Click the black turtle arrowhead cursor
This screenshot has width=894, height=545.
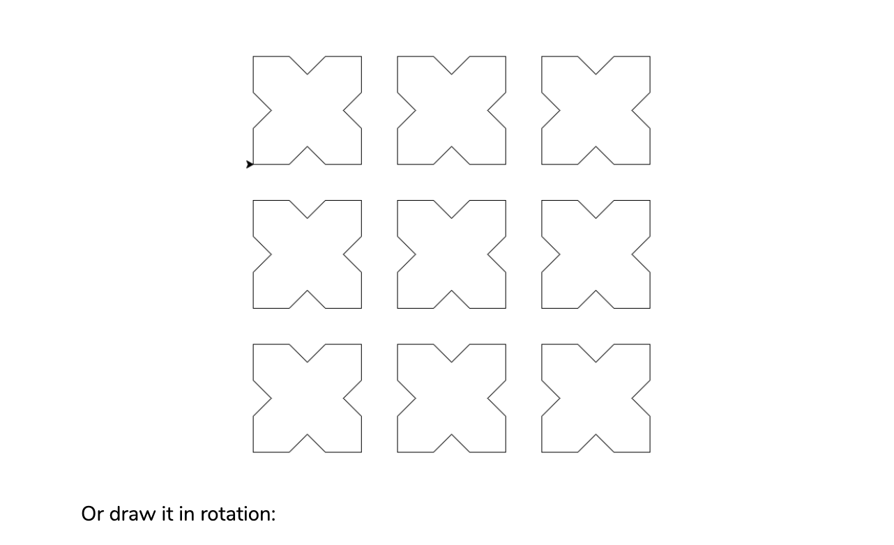250,164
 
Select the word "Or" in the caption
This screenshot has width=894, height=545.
92,514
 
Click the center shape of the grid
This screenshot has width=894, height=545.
451,254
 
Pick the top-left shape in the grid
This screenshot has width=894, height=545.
307,110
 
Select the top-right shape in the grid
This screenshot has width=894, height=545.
596,110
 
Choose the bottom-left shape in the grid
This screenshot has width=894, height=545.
307,399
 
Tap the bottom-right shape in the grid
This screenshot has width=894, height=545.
596,399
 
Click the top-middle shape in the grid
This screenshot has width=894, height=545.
451,110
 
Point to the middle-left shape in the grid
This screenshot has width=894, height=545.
307,254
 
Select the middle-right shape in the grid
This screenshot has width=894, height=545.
596,254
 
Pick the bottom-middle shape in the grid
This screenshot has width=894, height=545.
451,399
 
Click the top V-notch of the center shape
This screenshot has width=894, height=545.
451,217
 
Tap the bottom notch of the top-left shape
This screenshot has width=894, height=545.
307,147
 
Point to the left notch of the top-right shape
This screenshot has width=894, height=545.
559,110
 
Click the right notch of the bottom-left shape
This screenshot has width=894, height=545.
344,399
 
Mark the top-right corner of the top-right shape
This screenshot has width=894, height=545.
650,56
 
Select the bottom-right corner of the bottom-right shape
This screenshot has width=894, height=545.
650,452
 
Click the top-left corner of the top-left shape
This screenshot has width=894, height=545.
253,56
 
